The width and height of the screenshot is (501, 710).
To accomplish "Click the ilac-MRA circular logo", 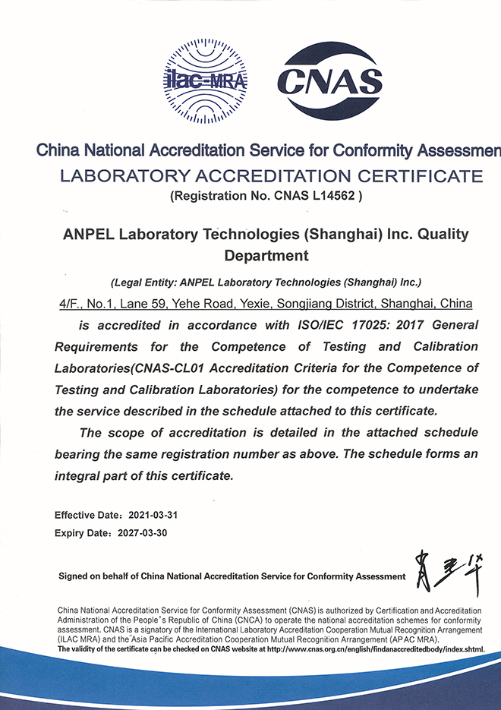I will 204,80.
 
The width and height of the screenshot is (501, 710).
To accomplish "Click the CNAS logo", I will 329,80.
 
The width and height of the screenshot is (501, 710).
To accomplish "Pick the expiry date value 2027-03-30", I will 143,533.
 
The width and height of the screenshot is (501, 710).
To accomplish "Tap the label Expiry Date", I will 79,533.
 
